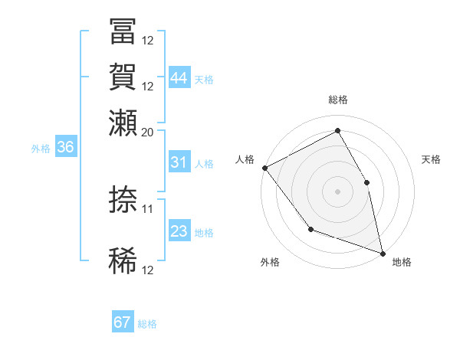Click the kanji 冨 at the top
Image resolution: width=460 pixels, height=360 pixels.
point(123,32)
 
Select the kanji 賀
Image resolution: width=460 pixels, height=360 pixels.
point(123,77)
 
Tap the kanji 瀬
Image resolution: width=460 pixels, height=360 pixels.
point(123,122)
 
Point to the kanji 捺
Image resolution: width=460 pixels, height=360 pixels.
point(123,200)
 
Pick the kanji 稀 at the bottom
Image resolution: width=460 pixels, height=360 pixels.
point(123,261)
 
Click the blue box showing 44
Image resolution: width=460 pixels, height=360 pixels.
point(179,78)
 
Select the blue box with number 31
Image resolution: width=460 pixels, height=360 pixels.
point(179,162)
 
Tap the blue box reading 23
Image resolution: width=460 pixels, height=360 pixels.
point(179,231)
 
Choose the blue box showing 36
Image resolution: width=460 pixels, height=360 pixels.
point(65,148)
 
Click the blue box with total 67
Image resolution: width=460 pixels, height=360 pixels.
point(123,322)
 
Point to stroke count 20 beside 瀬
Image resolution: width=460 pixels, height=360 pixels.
point(148,131)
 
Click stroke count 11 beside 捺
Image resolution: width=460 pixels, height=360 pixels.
point(148,208)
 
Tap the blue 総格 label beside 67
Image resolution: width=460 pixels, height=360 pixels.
point(147,324)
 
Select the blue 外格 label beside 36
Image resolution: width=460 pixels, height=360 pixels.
point(41,149)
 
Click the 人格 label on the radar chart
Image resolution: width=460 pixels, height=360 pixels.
point(245,159)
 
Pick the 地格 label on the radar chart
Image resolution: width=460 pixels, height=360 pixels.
point(402,262)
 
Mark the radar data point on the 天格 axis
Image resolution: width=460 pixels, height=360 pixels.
point(366,182)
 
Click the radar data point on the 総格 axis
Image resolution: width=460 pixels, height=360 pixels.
point(337,131)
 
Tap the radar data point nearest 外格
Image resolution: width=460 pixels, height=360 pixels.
point(310,228)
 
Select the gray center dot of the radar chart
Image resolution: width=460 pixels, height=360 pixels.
point(337,191)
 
